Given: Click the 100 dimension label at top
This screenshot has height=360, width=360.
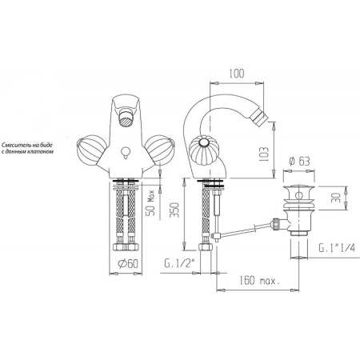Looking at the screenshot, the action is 237,74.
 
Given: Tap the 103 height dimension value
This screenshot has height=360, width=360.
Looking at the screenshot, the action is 264,154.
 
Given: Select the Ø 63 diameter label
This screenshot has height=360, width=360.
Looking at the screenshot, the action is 300,162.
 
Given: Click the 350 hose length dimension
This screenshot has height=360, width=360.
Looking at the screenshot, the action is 174,210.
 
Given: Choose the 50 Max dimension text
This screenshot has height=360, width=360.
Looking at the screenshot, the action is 151,202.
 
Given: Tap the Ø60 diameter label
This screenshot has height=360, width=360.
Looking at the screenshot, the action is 128,264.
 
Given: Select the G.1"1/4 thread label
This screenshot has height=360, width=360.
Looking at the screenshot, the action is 338,248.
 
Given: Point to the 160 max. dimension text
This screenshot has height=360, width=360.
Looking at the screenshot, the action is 259,281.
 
